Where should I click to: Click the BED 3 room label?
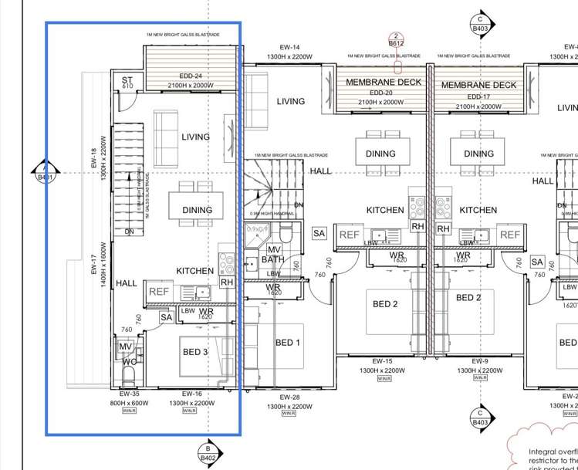pos(195,352)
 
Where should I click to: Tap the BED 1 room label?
pos(288,343)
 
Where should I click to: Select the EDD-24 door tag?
pos(191,76)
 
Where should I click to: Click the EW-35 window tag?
pos(129,394)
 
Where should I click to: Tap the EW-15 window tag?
pos(383,361)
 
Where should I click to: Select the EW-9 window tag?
pos(480,361)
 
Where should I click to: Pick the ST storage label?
pos(127,79)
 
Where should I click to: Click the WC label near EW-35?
pos(129,361)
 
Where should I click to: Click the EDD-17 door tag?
pos(478,96)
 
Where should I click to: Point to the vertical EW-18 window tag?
pos(95,163)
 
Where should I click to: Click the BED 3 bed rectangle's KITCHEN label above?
pos(194,271)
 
